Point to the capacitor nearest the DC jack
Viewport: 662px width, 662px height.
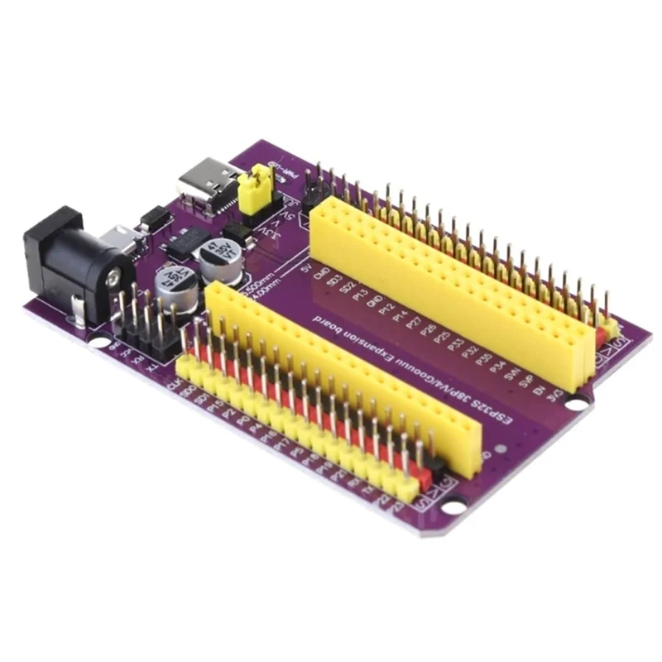175,285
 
